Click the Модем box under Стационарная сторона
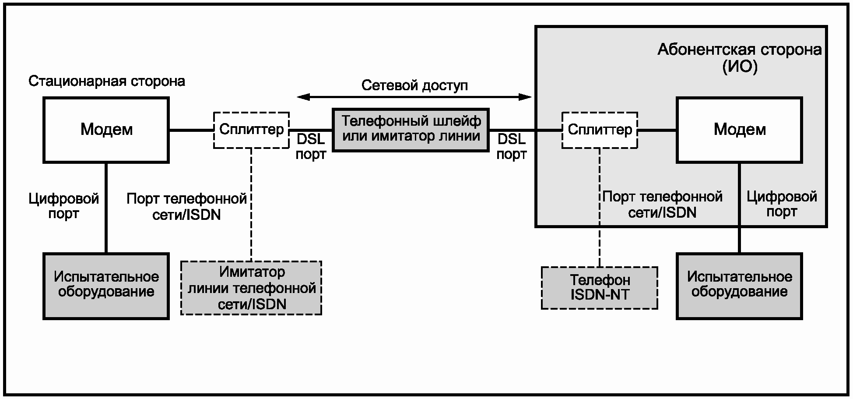coord(106,130)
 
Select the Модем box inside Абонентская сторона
coord(740,130)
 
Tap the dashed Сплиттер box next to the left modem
coord(251,130)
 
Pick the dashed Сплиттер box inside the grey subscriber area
coord(600,130)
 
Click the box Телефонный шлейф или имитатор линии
coord(411,130)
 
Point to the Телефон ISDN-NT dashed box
coord(600,288)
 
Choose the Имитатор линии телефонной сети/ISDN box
coord(251,288)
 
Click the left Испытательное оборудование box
coord(106,286)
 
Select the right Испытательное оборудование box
coord(740,286)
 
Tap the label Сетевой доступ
coord(414,85)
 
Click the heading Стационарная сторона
coord(107,81)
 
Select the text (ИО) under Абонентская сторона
coord(740,67)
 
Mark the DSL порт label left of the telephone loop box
coord(311,147)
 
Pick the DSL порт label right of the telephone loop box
coord(512,147)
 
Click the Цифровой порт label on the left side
coord(64,206)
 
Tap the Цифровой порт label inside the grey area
coord(782,204)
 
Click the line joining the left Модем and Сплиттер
coord(191,130)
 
